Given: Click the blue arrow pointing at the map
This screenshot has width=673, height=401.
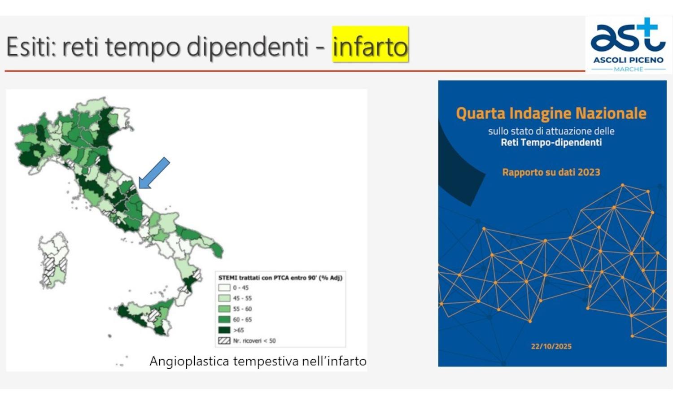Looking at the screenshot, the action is (x=154, y=173).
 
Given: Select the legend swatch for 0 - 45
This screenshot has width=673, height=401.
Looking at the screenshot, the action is (x=224, y=288).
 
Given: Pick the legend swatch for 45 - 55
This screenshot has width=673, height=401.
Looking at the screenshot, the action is (x=224, y=298).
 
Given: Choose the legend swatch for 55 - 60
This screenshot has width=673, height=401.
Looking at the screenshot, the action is (x=224, y=309).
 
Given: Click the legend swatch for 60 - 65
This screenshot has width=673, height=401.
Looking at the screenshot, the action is (x=224, y=320).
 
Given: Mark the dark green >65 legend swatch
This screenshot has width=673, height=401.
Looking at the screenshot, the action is (x=224, y=330).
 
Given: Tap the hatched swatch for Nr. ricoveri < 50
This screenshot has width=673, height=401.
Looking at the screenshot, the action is (x=224, y=341).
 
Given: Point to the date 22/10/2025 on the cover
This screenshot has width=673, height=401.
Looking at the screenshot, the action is (x=551, y=346).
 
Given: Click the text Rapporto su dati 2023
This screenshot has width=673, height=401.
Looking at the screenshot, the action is (x=551, y=172).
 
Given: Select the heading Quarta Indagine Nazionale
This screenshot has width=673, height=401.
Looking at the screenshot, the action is (x=551, y=113).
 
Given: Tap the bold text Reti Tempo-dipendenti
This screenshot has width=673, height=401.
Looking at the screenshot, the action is (x=551, y=142).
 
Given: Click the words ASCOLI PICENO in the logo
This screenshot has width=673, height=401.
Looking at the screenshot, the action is (x=629, y=60).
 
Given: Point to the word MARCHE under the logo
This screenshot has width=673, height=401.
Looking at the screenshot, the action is (x=629, y=70).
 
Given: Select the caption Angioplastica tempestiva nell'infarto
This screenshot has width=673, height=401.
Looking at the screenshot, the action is (x=258, y=362).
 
